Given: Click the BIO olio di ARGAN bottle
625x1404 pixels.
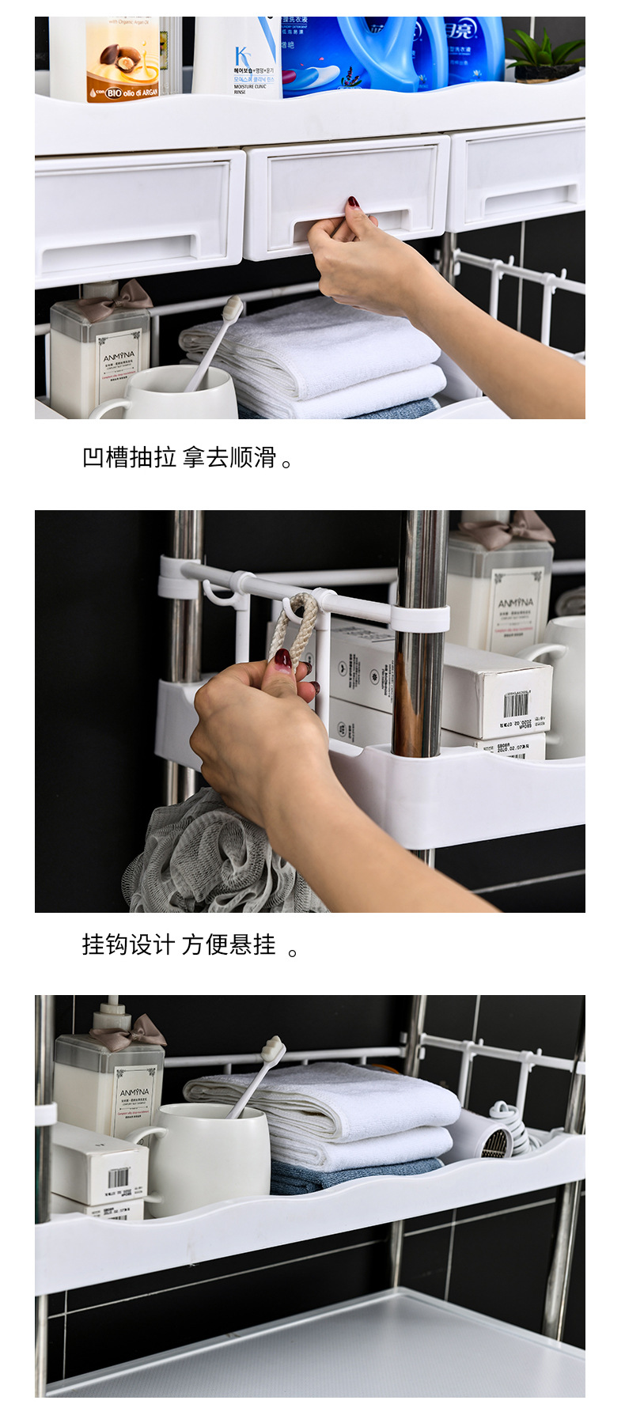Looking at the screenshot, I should click(x=122, y=59).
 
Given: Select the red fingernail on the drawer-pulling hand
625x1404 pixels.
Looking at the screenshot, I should click(x=353, y=202).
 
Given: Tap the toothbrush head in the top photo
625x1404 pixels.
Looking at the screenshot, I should click(x=233, y=308).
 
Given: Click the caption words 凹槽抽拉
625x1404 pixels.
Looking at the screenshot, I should click(x=129, y=458).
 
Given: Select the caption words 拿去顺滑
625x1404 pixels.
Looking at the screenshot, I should click(x=229, y=458).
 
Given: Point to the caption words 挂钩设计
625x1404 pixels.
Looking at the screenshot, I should click(x=127, y=944).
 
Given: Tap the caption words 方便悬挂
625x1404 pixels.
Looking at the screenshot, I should click(x=229, y=944).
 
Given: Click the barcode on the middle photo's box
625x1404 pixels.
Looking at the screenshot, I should click(x=515, y=704).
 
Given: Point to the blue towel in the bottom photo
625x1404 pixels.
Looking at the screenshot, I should click(x=356, y=1177).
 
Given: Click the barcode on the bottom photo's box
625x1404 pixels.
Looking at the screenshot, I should click(x=119, y=1177).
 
